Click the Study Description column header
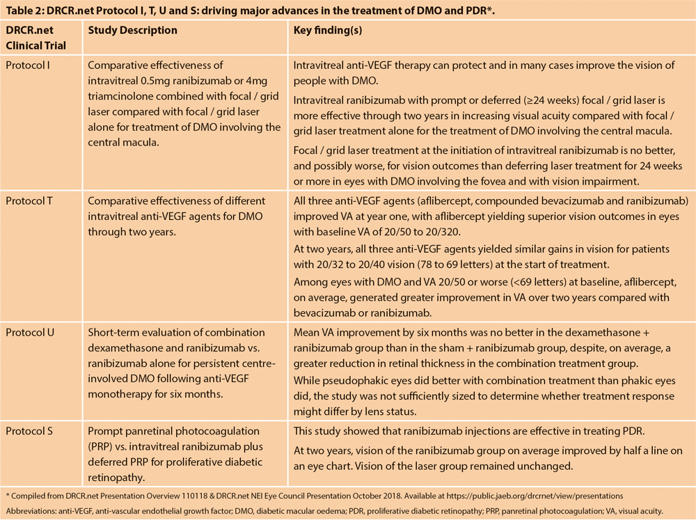(x=132, y=31)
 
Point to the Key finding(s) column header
(x=328, y=31)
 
